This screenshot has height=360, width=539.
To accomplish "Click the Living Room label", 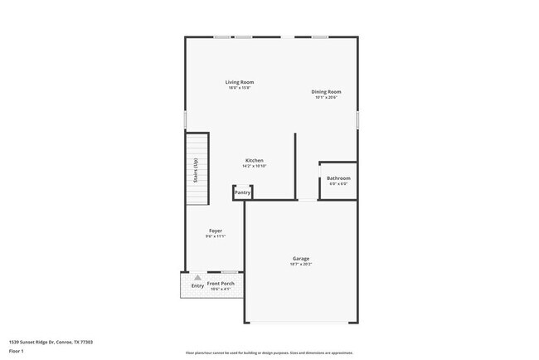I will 240,82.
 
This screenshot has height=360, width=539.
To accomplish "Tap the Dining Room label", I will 326,92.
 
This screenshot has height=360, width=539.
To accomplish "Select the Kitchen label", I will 254,160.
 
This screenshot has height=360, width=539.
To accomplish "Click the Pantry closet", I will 242,192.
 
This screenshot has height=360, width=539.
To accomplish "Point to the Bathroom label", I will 337,178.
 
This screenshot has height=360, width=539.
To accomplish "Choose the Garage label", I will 300,259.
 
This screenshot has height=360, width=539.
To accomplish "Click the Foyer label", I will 215,231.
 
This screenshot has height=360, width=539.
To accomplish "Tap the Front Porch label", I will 221,284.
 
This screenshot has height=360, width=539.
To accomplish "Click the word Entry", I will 197,286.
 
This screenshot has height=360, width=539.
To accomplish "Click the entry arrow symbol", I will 197,278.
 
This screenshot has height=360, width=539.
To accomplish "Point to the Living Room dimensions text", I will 240,88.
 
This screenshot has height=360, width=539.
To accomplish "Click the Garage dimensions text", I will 300,265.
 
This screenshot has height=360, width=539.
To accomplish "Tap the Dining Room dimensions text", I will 326,98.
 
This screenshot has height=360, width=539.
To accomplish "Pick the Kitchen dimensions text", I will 254,166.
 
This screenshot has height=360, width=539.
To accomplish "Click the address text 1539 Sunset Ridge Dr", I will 51,342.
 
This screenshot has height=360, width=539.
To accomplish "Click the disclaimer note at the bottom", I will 269,352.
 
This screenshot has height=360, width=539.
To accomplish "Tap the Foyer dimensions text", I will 215,236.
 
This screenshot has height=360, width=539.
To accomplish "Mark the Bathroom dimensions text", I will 337,184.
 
